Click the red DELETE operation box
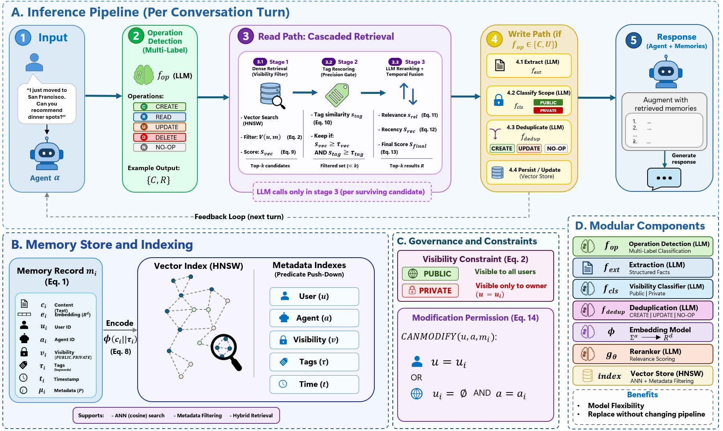(x=160, y=137)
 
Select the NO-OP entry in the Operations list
(x=160, y=147)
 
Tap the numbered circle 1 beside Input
(x=23, y=38)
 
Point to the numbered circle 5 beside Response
(x=634, y=40)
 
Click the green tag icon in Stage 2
(x=337, y=95)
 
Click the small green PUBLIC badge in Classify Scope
(x=548, y=103)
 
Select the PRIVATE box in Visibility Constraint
(x=430, y=291)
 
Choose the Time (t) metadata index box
(x=314, y=384)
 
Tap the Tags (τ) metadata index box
(x=314, y=362)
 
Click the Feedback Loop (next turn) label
(x=239, y=217)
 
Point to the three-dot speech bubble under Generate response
(x=664, y=179)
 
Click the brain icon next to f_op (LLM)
(x=144, y=75)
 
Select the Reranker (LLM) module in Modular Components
(x=643, y=354)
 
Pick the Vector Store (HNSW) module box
(x=643, y=376)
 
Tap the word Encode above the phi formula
(x=120, y=323)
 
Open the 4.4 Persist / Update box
(x=529, y=173)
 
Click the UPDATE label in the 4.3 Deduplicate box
(x=529, y=148)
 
